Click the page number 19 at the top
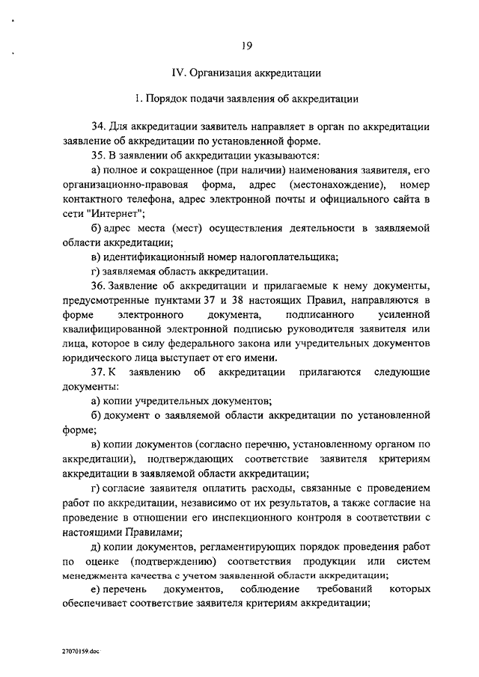coord(246,46)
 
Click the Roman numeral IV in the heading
coord(177,73)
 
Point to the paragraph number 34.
coord(97,125)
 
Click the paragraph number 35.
coord(97,156)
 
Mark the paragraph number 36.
coord(97,286)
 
